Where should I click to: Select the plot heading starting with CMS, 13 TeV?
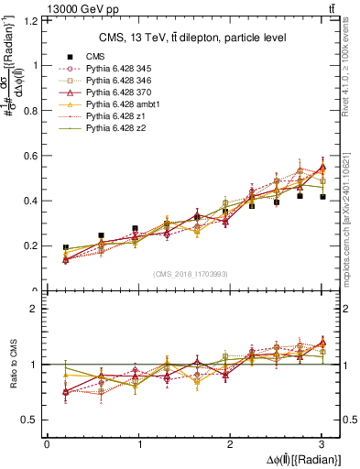tap(192, 38)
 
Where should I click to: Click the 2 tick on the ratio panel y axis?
tap(38, 309)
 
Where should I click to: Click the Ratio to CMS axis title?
tap(12, 364)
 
